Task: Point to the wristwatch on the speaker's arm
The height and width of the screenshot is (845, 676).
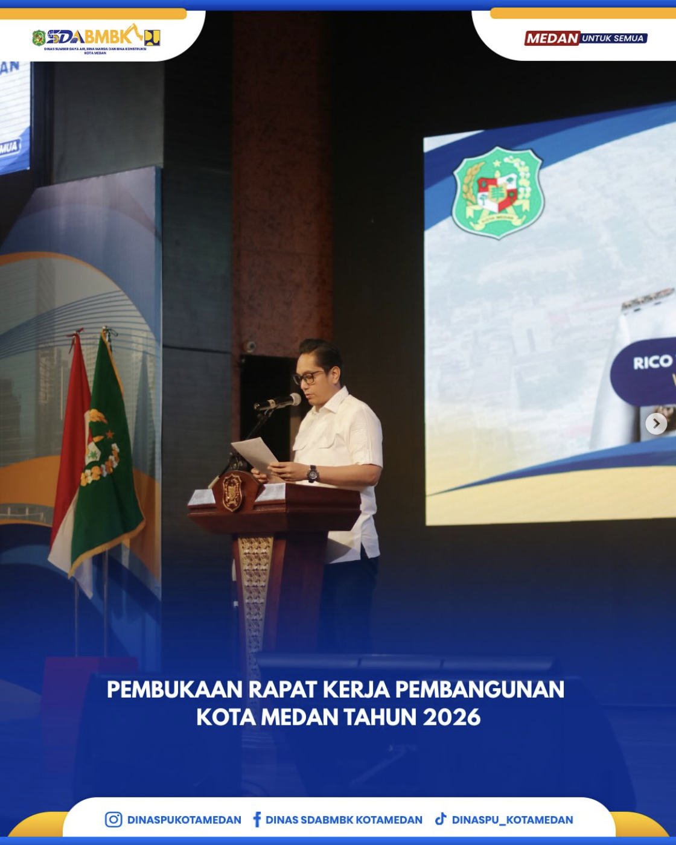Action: coord(312,474)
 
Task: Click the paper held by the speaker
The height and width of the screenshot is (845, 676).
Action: coord(255,453)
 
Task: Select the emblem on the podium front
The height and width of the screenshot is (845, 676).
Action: coord(232,492)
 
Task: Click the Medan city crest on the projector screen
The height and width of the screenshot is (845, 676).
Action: coord(498,192)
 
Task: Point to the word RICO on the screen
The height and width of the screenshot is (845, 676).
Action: coord(652,362)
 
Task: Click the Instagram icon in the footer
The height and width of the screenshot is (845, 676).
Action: coord(113,819)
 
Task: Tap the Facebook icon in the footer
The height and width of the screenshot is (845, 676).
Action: coord(257,819)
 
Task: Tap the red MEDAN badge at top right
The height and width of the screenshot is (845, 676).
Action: coord(552,39)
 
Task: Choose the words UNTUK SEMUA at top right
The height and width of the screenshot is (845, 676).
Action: coord(613,39)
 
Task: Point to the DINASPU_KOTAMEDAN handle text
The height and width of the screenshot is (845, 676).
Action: coord(512,820)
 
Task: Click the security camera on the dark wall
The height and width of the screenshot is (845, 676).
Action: coord(250,346)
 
